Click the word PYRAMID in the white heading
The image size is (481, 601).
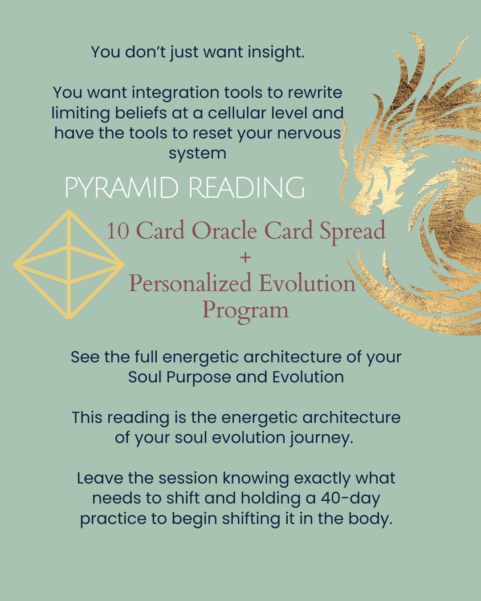122,187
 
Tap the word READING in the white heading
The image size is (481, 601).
247,187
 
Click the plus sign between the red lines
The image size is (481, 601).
245,257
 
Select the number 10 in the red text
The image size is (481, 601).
118,231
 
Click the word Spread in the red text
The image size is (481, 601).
352,232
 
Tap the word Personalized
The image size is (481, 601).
190,284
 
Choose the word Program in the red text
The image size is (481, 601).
245,311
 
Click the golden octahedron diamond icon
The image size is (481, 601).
69,264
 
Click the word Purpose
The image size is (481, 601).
199,378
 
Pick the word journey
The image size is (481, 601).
322,438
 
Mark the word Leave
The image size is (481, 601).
100,479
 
